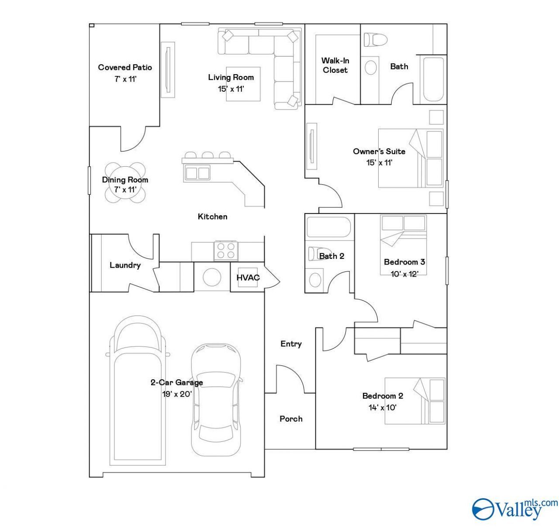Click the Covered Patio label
click(125, 67)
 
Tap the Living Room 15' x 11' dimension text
click(231, 89)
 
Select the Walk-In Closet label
click(335, 65)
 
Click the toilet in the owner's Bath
click(376, 40)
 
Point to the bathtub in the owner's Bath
click(433, 79)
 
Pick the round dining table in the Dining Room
click(125, 182)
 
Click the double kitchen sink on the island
click(197, 173)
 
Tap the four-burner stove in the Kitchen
click(226, 251)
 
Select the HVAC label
click(248, 278)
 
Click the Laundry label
click(125, 265)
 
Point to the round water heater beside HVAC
click(212, 277)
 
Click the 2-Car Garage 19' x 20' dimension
click(177, 394)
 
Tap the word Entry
click(291, 344)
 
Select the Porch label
click(291, 419)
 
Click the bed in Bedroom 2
click(414, 401)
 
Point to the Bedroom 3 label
click(404, 262)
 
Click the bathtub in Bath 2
click(328, 227)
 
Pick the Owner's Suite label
click(379, 151)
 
